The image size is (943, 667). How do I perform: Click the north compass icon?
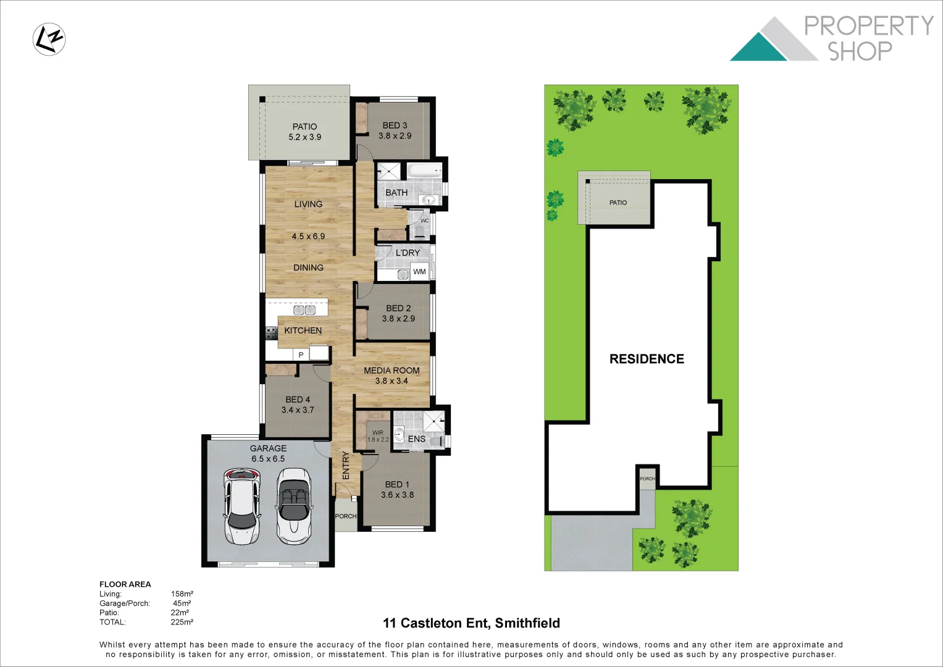[x=49, y=39]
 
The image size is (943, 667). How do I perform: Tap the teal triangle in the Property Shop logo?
[x=758, y=49]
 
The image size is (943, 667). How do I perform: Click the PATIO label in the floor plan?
[x=304, y=127]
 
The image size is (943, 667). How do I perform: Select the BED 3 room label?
[x=395, y=125]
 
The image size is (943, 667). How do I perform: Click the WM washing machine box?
[x=419, y=272]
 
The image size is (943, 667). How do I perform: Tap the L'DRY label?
[x=408, y=253]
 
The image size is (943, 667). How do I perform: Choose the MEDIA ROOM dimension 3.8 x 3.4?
[x=392, y=381]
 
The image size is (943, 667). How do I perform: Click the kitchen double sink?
[x=304, y=309]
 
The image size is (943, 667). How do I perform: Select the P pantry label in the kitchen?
[x=301, y=355]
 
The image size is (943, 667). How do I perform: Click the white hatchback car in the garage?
[x=241, y=506]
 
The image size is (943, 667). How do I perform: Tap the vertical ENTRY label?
[x=346, y=465]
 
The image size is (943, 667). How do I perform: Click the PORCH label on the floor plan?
[x=346, y=516]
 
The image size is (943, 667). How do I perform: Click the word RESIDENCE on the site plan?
[x=647, y=359]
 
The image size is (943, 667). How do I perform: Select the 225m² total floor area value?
[x=182, y=622]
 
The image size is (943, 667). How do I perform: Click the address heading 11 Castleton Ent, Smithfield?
[x=471, y=623]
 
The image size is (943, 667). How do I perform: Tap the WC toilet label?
[x=424, y=220]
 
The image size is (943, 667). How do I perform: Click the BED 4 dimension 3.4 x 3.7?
[x=298, y=410]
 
